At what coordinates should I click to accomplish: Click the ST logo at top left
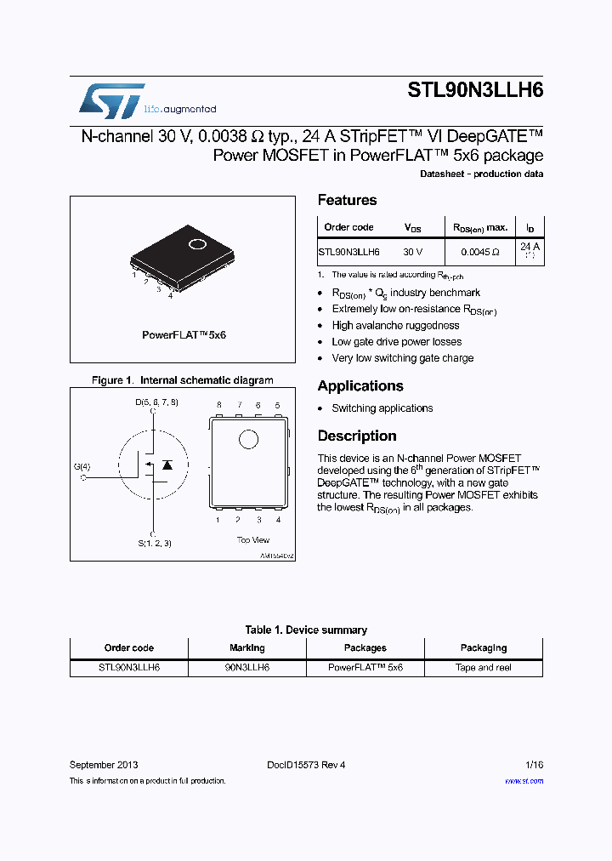[111, 101]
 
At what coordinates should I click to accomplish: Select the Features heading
[347, 200]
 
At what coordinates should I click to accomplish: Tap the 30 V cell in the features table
[413, 252]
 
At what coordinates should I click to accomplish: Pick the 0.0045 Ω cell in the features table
[480, 252]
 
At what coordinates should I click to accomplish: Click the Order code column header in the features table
[348, 227]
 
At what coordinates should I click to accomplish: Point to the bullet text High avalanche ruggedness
[395, 325]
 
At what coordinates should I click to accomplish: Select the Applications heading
[360, 385]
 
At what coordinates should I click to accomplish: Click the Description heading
[357, 436]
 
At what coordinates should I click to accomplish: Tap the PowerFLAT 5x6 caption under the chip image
[184, 335]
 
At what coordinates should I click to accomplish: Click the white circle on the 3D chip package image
[196, 245]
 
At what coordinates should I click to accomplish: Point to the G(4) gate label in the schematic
[82, 466]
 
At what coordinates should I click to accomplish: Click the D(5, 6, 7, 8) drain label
[156, 401]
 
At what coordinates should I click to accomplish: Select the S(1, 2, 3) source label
[154, 542]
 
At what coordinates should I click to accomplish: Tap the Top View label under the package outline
[252, 539]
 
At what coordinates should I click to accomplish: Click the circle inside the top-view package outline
[248, 439]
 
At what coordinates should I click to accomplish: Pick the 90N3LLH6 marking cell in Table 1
[247, 668]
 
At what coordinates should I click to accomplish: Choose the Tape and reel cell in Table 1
[484, 668]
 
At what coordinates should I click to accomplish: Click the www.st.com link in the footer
[524, 780]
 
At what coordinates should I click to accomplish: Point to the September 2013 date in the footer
[104, 765]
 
